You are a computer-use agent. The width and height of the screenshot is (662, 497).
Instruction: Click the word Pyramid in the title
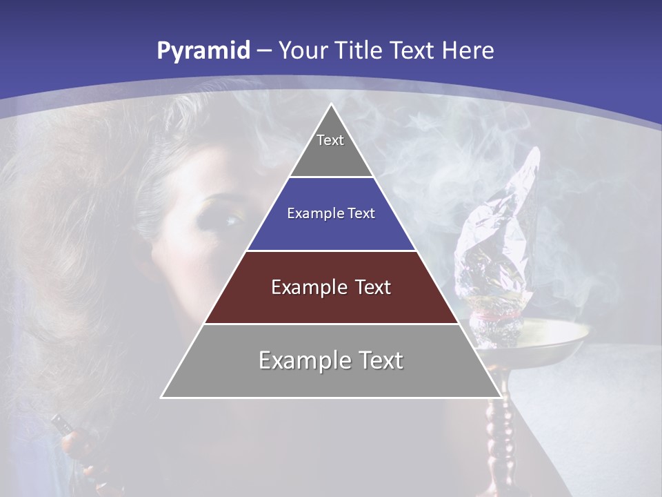click(203, 51)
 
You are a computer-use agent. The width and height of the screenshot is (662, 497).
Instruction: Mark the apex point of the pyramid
click(331, 105)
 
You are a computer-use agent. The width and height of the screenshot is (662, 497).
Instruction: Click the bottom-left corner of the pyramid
click(162, 397)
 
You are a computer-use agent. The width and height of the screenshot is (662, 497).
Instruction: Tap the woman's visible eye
click(229, 221)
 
